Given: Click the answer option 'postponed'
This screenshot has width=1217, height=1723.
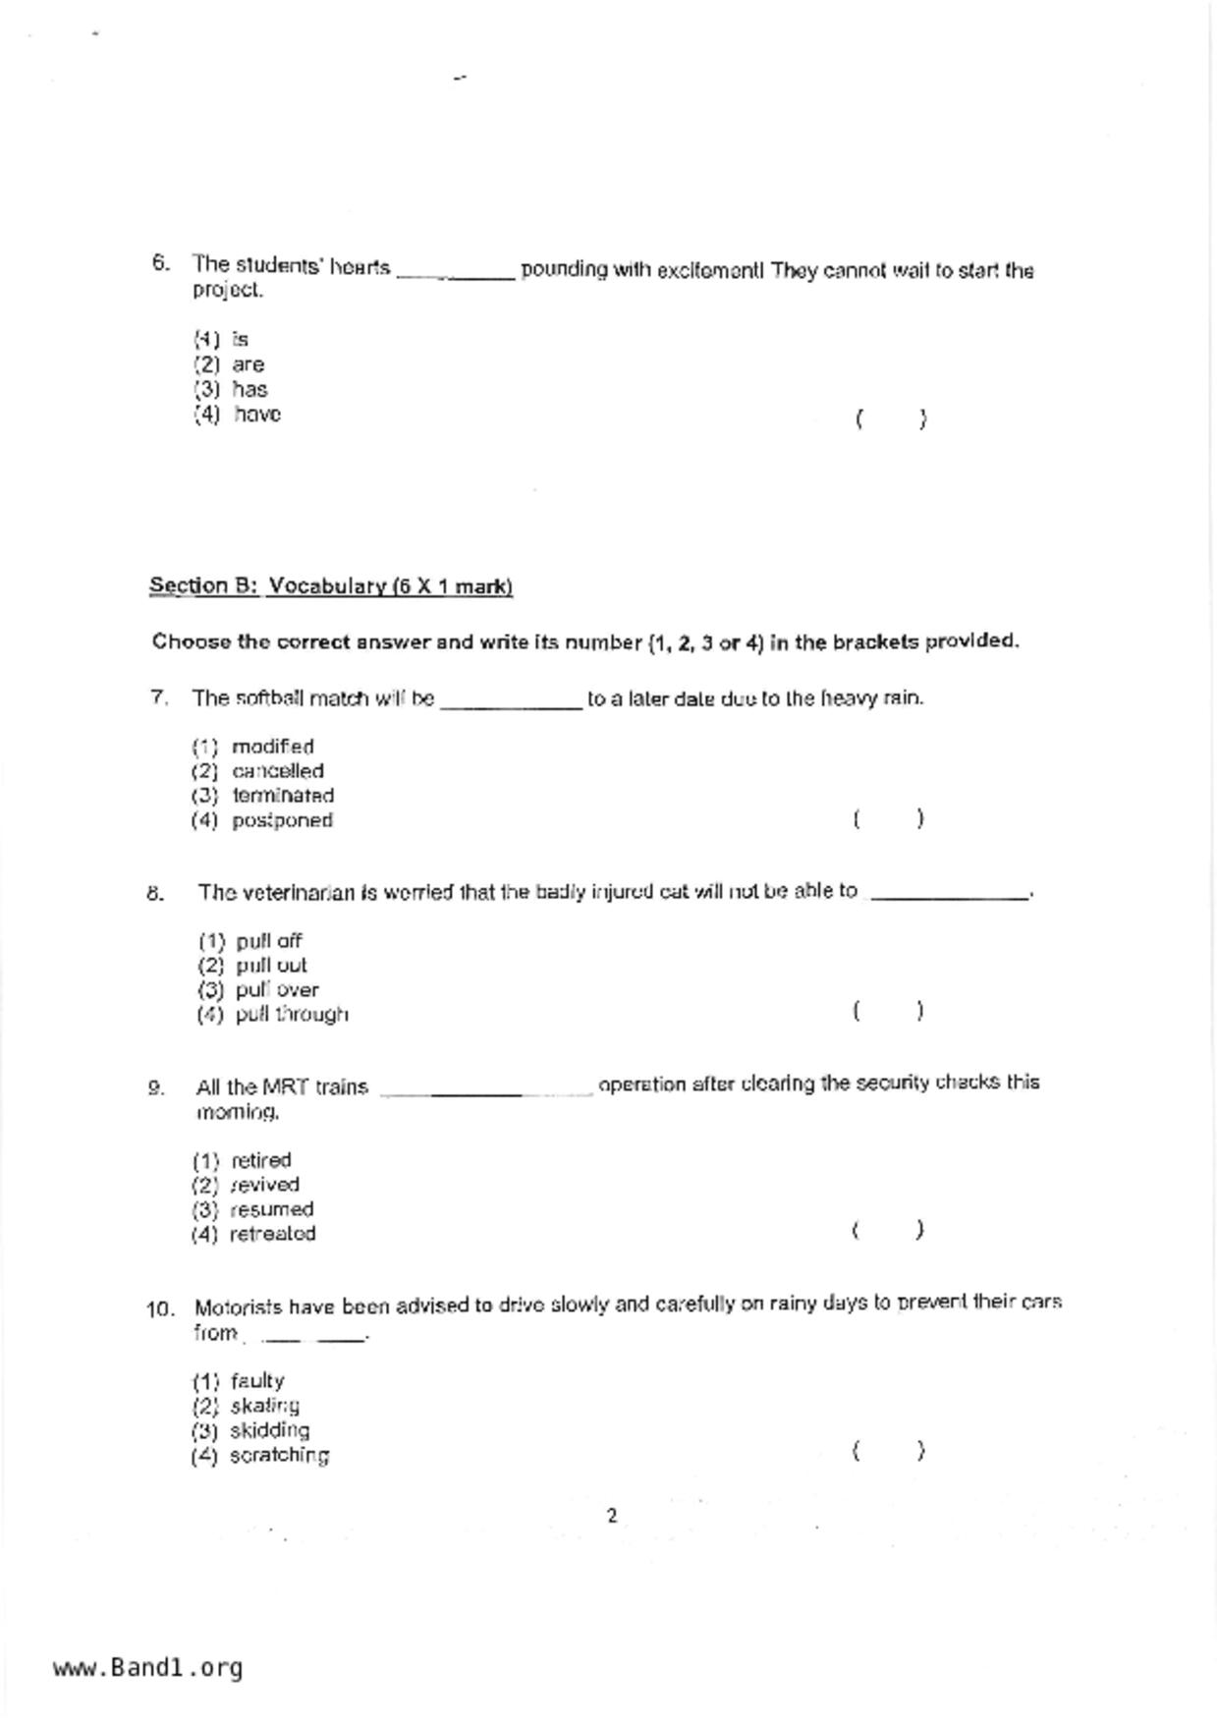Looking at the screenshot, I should coord(282,820).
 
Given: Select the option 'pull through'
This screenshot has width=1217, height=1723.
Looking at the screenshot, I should coord(292,1015).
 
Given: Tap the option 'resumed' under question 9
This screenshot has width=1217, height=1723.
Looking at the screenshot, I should coord(271,1209).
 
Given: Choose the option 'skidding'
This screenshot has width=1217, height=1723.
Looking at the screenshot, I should coord(270,1430).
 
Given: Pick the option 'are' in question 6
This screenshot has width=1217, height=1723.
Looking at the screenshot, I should coord(249,364).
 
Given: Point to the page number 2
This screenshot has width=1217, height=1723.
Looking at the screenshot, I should coord(612,1516).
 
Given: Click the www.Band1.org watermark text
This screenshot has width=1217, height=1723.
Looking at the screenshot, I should coord(147,1668).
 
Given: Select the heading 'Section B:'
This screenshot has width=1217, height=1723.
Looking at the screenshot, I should coord(203,586).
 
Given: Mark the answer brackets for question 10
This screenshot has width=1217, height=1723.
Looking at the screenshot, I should coord(888,1451).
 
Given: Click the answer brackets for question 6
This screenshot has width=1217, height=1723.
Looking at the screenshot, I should coord(890,419).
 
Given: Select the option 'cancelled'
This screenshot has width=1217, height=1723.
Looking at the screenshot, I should coord(278,771).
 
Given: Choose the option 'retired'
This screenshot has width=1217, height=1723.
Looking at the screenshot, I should coord(261,1160).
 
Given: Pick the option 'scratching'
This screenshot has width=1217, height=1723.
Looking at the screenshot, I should coord(279,1455).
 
